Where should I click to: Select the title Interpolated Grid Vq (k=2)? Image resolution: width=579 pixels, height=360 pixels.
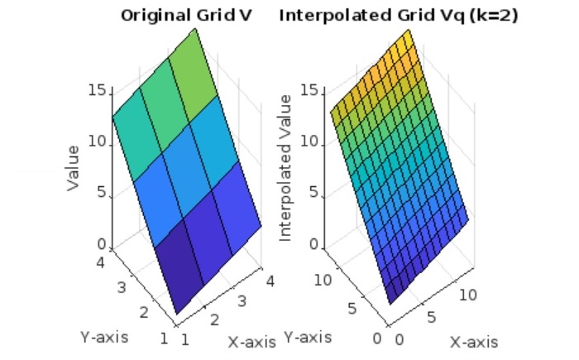click(399, 15)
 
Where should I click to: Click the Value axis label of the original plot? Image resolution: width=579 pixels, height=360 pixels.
click(74, 168)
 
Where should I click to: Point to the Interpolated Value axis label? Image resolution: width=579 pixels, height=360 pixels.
click(286, 168)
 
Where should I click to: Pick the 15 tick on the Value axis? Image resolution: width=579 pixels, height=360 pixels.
click(96, 90)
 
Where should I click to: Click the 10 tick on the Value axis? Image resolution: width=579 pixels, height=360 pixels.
click(96, 142)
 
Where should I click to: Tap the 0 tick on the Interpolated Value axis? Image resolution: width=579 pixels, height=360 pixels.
click(313, 245)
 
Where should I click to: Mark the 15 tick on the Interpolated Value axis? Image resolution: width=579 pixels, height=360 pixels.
click(309, 90)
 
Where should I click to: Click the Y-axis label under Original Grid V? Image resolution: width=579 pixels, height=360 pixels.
click(104, 337)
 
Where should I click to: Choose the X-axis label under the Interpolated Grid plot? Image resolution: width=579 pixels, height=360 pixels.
click(474, 342)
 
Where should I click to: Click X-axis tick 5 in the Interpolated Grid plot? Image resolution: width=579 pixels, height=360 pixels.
click(430, 317)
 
